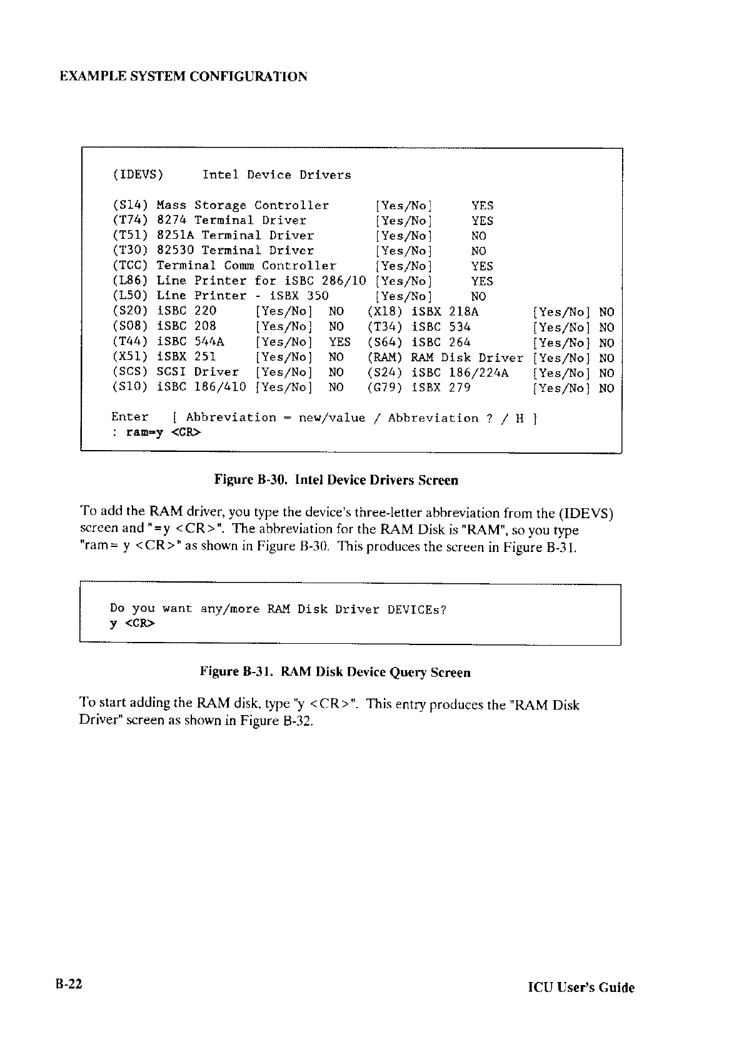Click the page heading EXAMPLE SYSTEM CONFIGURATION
[x=183, y=77]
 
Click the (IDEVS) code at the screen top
[x=138, y=175]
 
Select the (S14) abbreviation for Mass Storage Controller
[x=129, y=206]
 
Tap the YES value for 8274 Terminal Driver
[x=482, y=221]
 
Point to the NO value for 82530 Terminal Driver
[x=478, y=251]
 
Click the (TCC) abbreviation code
[x=129, y=266]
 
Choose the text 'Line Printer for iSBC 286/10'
[x=261, y=281]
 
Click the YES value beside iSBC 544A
[x=339, y=343]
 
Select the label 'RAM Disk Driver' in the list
[x=466, y=358]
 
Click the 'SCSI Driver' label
[x=197, y=373]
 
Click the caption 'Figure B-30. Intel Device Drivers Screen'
[x=336, y=481]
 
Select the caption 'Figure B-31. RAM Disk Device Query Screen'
[x=334, y=673]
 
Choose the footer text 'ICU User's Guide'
[x=581, y=988]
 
